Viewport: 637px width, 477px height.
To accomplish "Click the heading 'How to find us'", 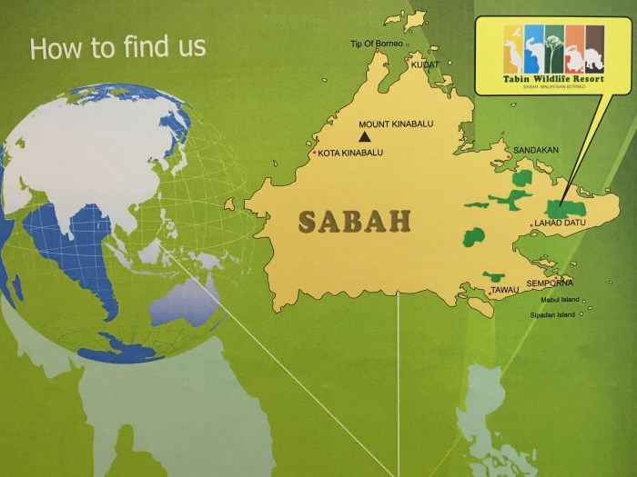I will (117, 47).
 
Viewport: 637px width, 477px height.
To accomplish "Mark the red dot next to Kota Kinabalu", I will (314, 153).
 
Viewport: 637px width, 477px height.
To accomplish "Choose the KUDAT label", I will (424, 65).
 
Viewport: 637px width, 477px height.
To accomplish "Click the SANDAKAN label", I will (536, 150).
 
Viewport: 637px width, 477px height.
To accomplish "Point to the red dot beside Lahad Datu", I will (531, 224).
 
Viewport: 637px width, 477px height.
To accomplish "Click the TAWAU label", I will (505, 290).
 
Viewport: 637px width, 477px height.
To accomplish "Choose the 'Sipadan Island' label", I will (552, 315).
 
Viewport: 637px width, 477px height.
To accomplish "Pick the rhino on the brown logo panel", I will (594, 51).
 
